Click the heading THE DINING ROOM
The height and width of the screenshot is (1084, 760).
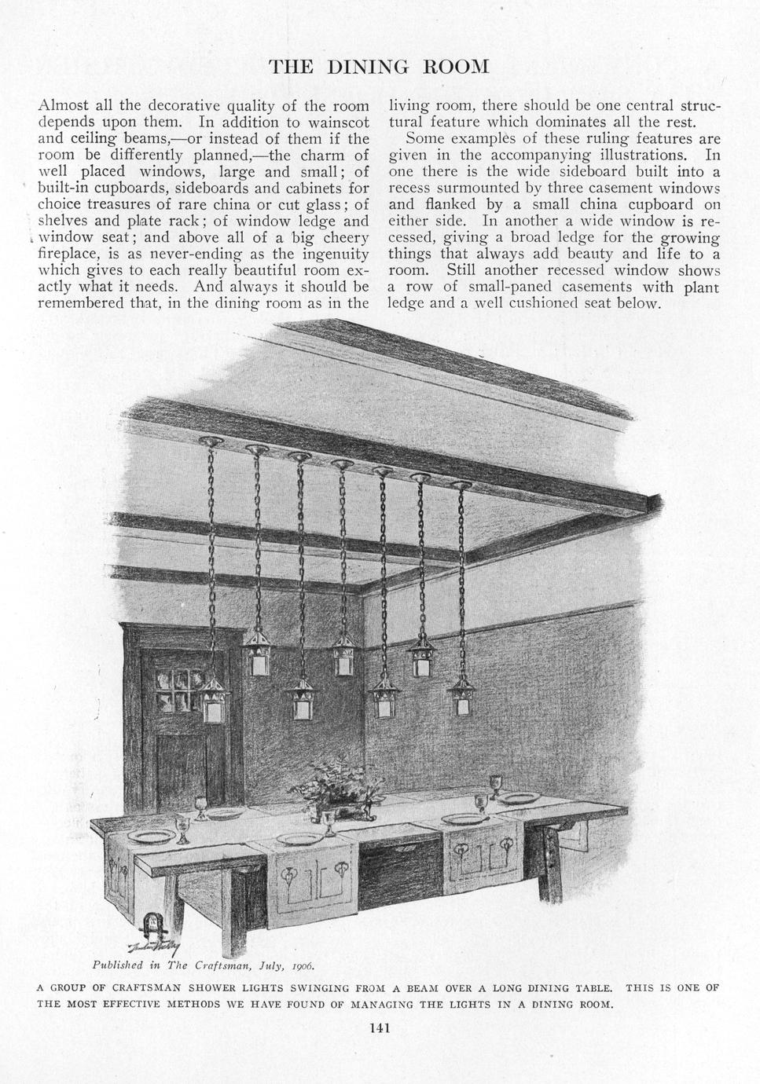[380, 67]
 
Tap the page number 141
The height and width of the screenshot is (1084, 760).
[380, 1027]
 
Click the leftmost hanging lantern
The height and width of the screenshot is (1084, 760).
[212, 701]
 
